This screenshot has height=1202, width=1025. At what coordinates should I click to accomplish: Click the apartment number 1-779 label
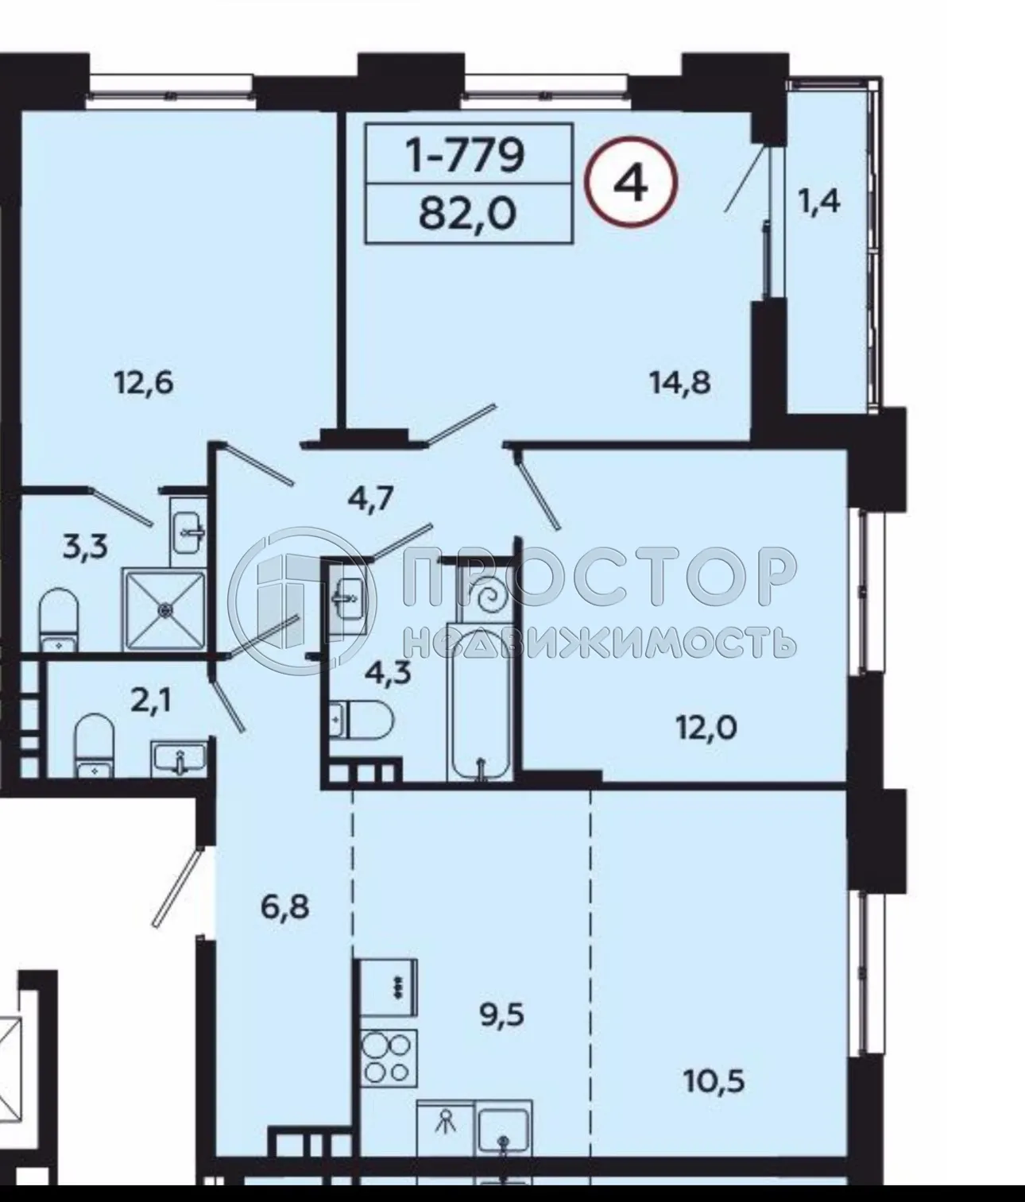pyautogui.click(x=466, y=154)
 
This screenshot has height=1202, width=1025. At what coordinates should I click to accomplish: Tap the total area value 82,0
pyautogui.click(x=466, y=212)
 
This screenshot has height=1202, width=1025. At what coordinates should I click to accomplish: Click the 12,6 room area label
pyautogui.click(x=144, y=383)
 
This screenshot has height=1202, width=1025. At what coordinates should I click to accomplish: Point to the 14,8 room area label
pyautogui.click(x=679, y=383)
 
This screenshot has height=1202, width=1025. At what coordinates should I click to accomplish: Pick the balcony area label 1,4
pyautogui.click(x=818, y=203)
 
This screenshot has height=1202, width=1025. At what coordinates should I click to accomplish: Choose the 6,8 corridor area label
pyautogui.click(x=284, y=906)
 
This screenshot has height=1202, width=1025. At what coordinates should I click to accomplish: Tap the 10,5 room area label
pyautogui.click(x=714, y=1080)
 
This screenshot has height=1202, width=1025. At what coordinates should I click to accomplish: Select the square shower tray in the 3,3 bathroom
pyautogui.click(x=164, y=609)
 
